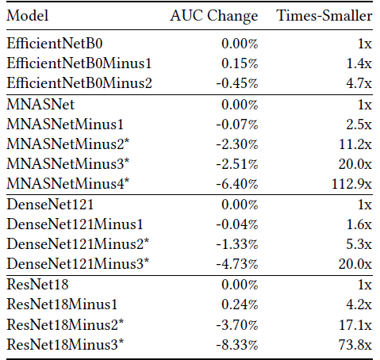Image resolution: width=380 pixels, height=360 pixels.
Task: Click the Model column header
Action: [28, 16]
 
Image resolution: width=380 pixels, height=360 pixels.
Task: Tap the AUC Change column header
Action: [214, 17]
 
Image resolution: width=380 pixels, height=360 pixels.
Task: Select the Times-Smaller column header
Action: [324, 16]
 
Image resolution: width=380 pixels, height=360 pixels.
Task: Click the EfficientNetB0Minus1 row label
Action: [79, 63]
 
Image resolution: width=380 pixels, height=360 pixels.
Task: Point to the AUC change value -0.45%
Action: [237, 83]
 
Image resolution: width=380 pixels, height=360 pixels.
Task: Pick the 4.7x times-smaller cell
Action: [359, 83]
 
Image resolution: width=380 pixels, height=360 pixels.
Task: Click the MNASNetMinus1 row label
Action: [65, 124]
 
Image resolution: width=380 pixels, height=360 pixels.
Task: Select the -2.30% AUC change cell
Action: [237, 144]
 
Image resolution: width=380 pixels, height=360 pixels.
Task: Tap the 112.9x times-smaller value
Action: [352, 184]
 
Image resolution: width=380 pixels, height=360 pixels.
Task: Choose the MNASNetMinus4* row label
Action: [68, 183]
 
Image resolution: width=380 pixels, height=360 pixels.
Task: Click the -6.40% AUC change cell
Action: [237, 184]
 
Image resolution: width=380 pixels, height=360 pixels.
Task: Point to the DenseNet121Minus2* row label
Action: [78, 243]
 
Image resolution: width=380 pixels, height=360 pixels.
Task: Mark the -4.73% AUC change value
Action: [237, 264]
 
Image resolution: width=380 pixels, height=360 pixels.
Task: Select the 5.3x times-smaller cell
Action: [359, 244]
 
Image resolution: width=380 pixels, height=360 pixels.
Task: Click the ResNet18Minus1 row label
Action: [62, 304]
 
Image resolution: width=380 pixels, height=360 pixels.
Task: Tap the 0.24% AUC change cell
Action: [240, 304]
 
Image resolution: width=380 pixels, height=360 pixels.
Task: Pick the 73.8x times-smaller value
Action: [355, 345]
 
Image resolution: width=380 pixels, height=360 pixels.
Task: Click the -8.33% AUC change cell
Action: [237, 345]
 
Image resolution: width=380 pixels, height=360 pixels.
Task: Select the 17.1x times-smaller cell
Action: [355, 324]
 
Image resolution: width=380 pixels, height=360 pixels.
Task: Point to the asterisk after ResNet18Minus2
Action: [121, 322]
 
